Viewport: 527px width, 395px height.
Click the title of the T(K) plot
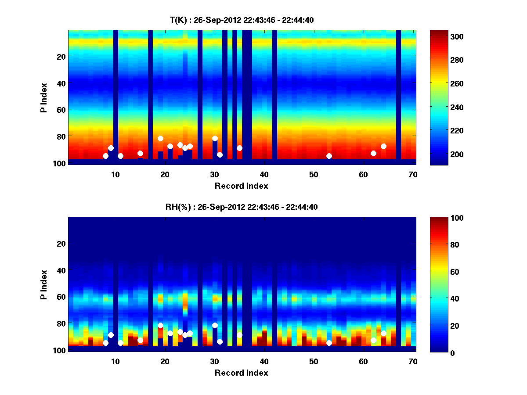pyautogui.click(x=242, y=20)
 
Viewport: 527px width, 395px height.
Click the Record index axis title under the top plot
pyautogui.click(x=242, y=186)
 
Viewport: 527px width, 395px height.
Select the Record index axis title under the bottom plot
pyautogui.click(x=242, y=373)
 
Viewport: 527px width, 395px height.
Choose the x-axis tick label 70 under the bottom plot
pyautogui.click(x=413, y=361)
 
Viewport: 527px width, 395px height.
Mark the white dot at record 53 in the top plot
pyautogui.click(x=329, y=156)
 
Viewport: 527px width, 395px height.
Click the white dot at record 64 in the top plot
pyautogui.click(x=383, y=146)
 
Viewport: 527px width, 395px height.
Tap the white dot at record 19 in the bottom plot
pyautogui.click(x=160, y=325)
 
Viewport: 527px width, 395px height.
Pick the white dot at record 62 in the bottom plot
pyautogui.click(x=373, y=340)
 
